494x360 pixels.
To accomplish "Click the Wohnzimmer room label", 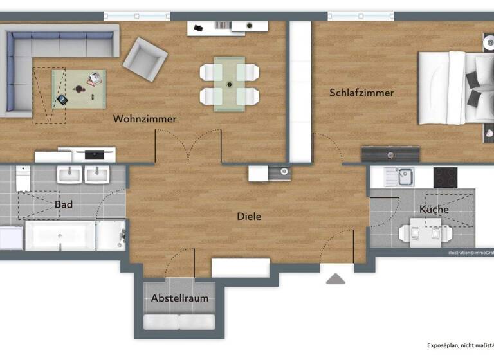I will pyautogui.click(x=145, y=119).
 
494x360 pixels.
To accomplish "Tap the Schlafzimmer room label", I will pyautogui.click(x=361, y=93).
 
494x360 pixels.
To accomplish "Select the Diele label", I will pyautogui.click(x=249, y=217).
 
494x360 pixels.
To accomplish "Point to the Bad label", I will pyautogui.click(x=64, y=204).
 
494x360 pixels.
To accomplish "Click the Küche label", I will pyautogui.click(x=434, y=210).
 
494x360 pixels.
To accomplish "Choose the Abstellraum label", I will pyautogui.click(x=179, y=298).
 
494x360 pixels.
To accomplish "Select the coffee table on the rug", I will pyautogui.click(x=80, y=89).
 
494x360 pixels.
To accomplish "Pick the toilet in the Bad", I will pyautogui.click(x=23, y=179).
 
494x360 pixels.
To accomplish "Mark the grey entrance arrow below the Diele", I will pyautogui.click(x=335, y=278).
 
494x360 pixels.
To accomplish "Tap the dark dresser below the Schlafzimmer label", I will pyautogui.click(x=390, y=154).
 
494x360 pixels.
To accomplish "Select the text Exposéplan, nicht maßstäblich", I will pyautogui.click(x=461, y=345).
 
